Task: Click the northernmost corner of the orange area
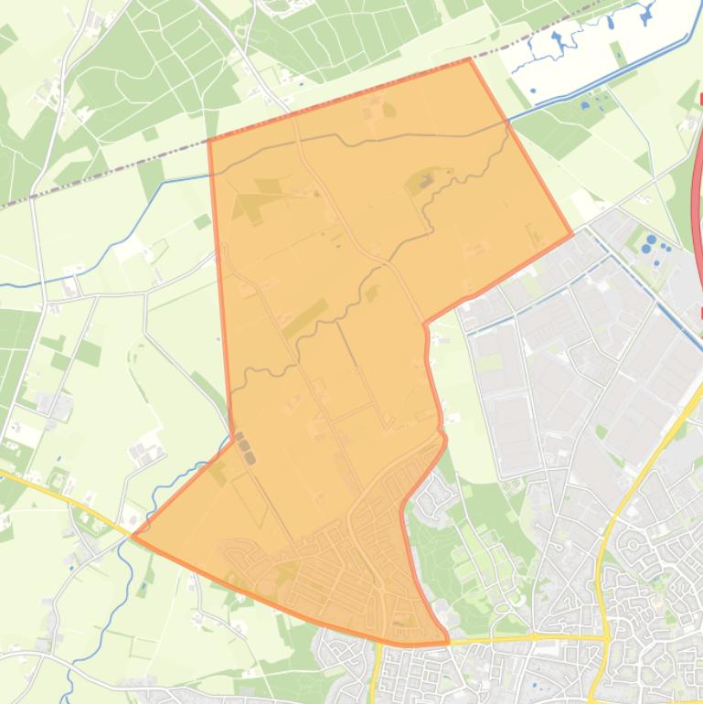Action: (469, 59)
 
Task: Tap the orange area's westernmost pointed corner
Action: (133, 536)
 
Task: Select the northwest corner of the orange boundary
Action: (209, 140)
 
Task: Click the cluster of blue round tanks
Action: (651, 244)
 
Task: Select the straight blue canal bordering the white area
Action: (603, 82)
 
